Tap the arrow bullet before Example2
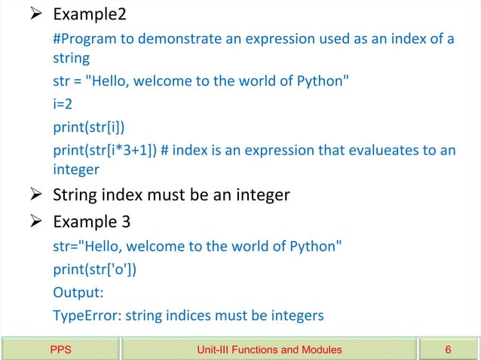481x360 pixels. [38, 16]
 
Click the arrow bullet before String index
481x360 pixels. [38, 196]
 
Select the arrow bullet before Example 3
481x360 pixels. [38, 223]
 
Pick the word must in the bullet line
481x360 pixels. [172, 196]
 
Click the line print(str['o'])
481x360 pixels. [95, 269]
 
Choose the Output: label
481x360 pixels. [77, 292]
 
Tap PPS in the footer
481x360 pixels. [61, 349]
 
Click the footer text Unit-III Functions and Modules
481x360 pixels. [269, 349]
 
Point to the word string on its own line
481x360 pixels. [71, 58]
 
